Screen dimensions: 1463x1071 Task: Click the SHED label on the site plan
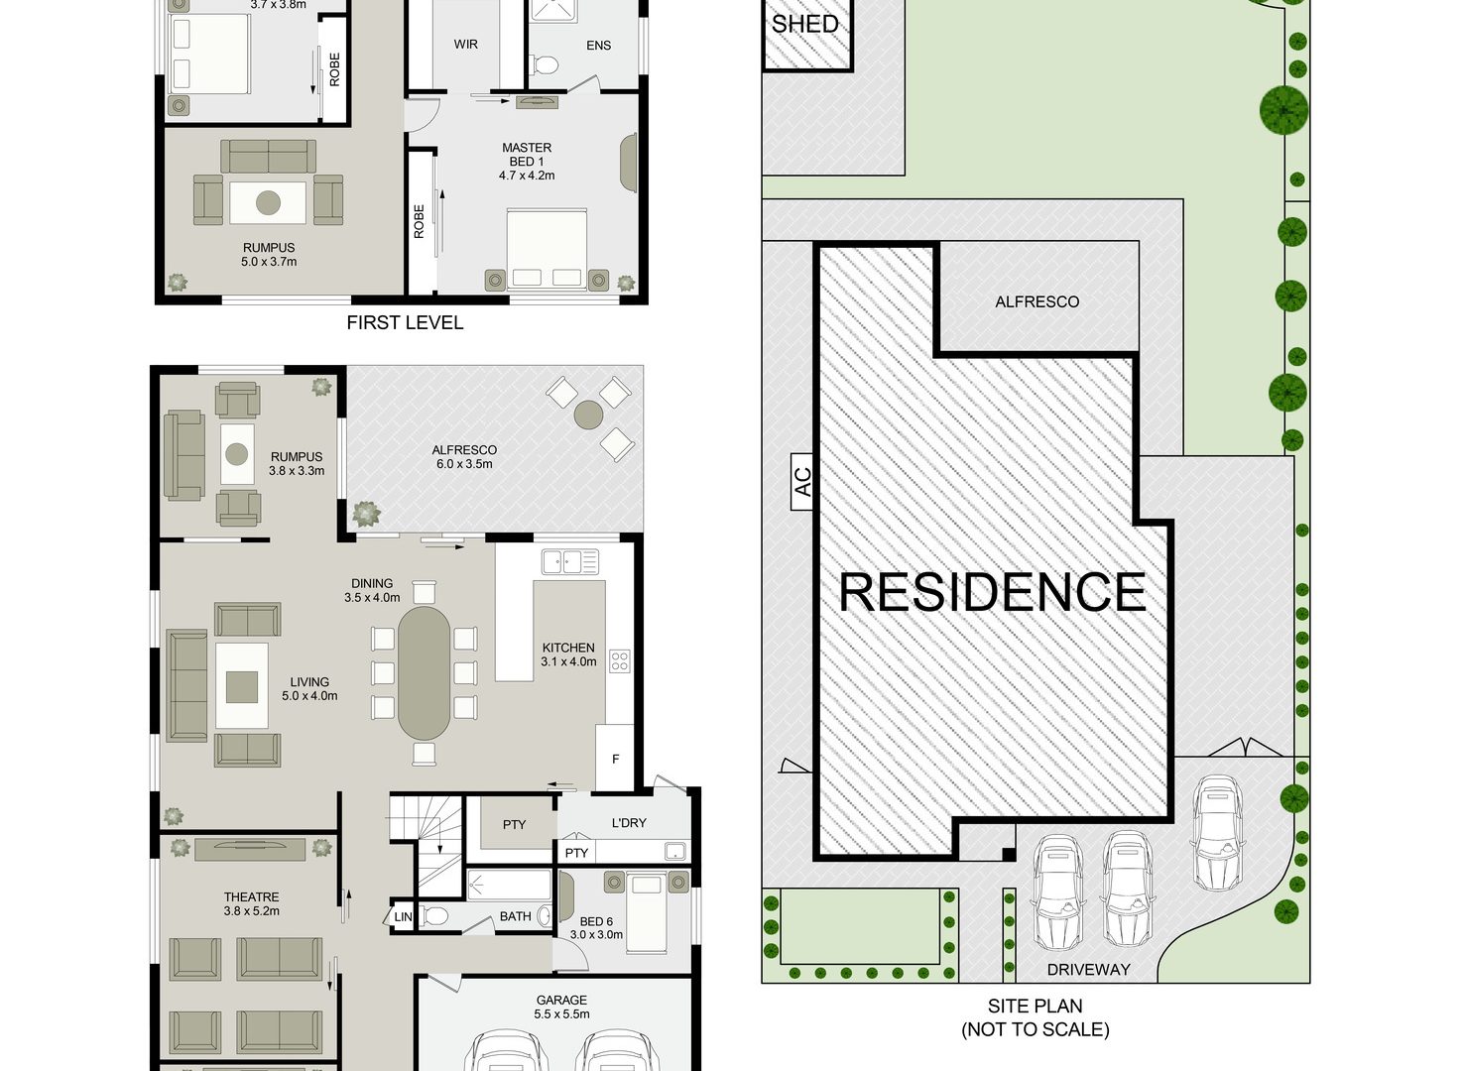coord(804,24)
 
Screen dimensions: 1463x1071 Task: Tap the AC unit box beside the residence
coord(802,481)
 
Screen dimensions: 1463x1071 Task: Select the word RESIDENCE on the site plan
coord(992,592)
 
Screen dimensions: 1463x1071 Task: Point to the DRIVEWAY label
coord(1088,970)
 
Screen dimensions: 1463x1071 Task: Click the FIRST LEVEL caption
coord(405,322)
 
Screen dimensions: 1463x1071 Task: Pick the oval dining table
coord(424,672)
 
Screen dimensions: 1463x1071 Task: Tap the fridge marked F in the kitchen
coord(615,758)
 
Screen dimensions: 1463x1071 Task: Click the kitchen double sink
coord(569,561)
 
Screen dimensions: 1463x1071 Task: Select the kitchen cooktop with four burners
coord(619,660)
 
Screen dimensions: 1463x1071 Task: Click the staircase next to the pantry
coord(427,843)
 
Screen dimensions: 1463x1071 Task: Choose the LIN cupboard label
coord(403,917)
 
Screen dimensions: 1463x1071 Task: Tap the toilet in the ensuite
coord(546,65)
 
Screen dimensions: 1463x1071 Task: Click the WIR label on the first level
coord(465,45)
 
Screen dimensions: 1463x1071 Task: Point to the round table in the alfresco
coord(588,415)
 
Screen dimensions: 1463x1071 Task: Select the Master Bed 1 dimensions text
coord(527,176)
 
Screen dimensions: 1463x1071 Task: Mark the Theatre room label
coord(252,897)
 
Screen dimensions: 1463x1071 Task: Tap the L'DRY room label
coord(628,823)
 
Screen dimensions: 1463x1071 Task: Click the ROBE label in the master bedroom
coord(419,221)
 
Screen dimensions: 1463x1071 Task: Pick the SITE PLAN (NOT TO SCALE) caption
coord(1036,1017)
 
